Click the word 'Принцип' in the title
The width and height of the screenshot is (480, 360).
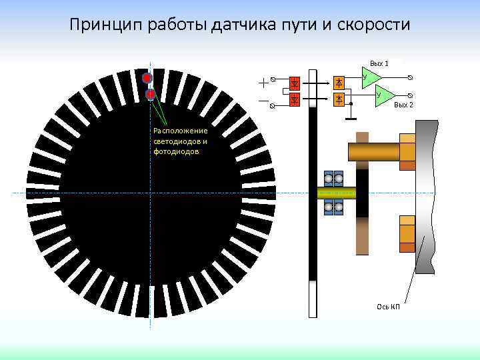pos(102,25)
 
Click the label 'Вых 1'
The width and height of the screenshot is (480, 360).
pos(379,63)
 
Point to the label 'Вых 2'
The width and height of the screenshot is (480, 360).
pos(403,105)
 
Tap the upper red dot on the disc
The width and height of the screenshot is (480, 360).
pos(147,77)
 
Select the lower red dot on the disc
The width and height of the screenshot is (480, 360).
pos(150,94)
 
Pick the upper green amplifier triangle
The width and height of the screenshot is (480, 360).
pos(370,77)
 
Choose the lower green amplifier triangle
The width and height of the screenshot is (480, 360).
pos(383,95)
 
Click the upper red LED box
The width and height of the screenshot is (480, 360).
pos(295,83)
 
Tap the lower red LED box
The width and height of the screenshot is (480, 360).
pos(295,99)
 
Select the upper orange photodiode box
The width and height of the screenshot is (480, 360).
pos(339,83)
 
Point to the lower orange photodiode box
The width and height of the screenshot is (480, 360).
pos(339,99)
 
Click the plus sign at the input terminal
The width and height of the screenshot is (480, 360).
pos(264,82)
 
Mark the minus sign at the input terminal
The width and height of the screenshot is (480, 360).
pos(264,102)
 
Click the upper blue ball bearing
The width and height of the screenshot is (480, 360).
pos(333,179)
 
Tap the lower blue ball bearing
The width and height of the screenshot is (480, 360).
pos(333,207)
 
